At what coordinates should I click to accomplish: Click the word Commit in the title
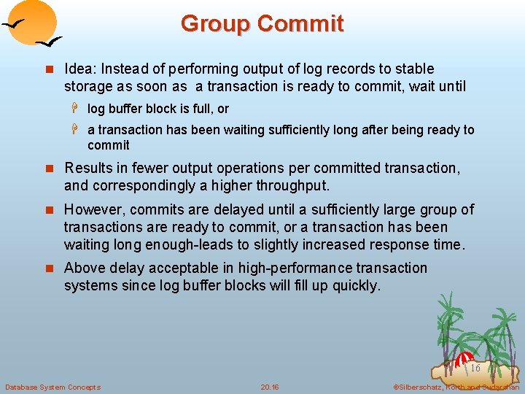300,23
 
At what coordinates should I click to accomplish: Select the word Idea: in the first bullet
81,69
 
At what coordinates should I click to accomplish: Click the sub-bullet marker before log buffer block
74,109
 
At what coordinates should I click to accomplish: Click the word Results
88,168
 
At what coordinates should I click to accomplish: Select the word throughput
295,185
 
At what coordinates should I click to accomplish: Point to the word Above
84,268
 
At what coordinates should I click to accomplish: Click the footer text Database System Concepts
52,387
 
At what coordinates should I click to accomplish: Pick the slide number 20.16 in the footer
270,387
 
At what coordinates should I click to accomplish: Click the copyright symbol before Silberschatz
396,387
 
